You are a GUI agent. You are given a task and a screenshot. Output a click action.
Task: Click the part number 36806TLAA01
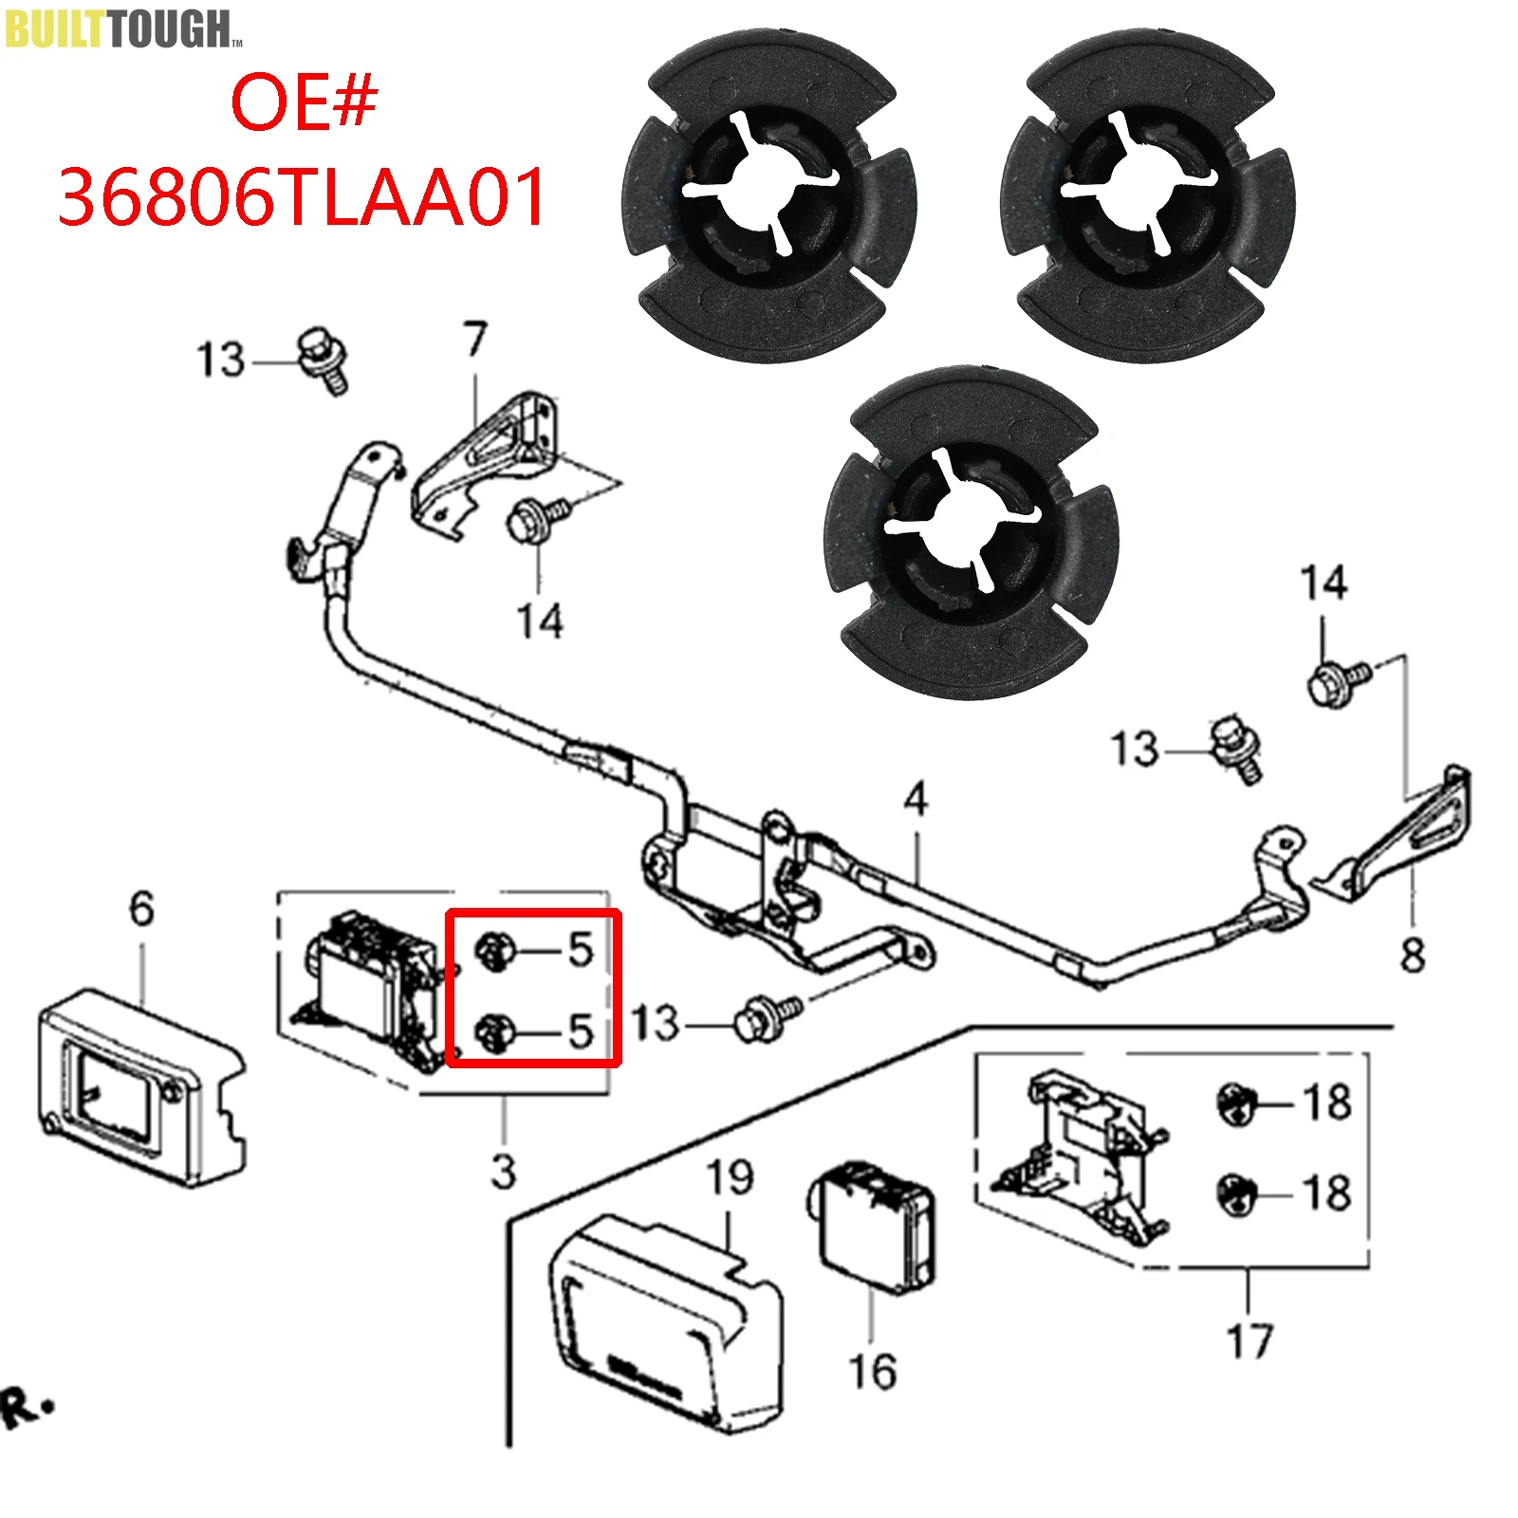coord(302,197)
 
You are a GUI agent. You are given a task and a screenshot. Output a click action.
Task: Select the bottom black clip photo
coord(972,533)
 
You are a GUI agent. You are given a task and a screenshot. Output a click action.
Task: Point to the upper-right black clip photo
coord(1148,195)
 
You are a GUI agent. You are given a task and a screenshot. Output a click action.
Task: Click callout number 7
coord(475,340)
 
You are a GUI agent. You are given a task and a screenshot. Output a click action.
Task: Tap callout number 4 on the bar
coord(915,800)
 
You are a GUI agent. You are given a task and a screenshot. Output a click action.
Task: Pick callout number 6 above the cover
coord(141,909)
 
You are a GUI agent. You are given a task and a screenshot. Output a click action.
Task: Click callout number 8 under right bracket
coord(1413,953)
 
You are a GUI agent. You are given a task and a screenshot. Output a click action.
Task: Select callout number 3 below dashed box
coord(504,1172)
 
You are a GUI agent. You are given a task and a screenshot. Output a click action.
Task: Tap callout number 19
coord(730,1177)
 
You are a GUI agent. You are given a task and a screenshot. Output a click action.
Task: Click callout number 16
coord(872,1372)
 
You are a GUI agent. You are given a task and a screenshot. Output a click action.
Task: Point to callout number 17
coord(1250,1342)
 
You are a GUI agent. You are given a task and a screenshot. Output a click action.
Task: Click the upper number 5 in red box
coord(580,950)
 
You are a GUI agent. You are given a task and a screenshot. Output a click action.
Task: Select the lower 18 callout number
coord(1326,1193)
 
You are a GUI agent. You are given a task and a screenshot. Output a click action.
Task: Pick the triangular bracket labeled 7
coord(484,460)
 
